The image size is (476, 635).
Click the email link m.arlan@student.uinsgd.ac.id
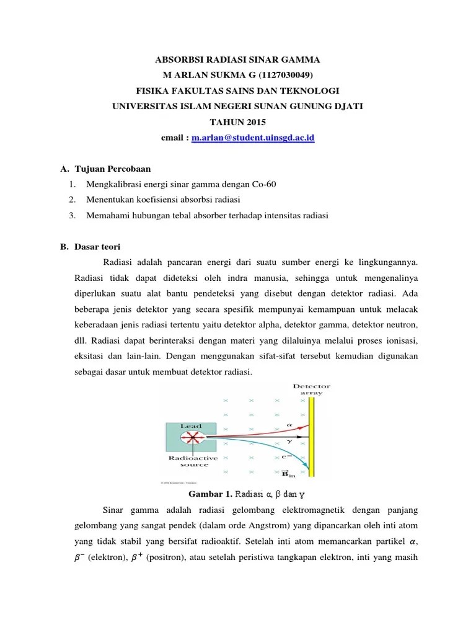point(253,137)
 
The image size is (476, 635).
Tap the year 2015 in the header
point(250,122)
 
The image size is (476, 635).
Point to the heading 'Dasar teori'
point(99,246)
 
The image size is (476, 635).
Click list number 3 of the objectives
point(73,215)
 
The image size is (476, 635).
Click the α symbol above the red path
point(289,425)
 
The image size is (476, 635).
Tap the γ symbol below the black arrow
point(288,442)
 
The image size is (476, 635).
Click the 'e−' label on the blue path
point(288,458)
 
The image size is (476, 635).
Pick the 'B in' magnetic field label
point(288,474)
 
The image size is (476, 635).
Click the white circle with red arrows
point(193,438)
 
